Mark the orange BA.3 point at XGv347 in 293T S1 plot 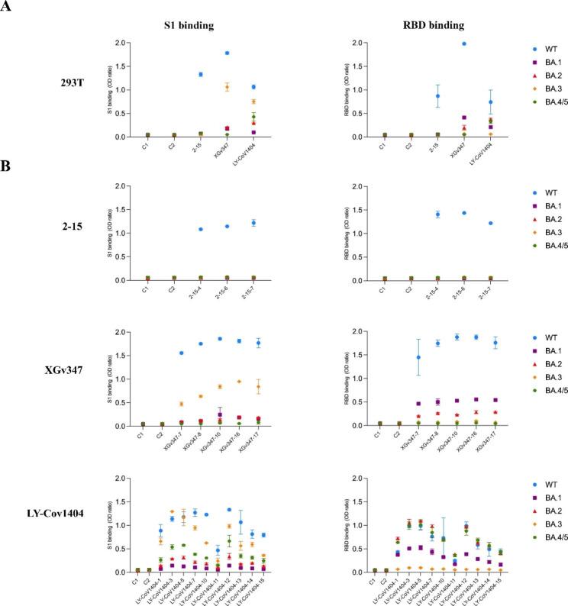tap(227, 87)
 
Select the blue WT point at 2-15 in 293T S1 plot tap(200, 74)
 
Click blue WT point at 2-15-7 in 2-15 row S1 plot tap(253, 223)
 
